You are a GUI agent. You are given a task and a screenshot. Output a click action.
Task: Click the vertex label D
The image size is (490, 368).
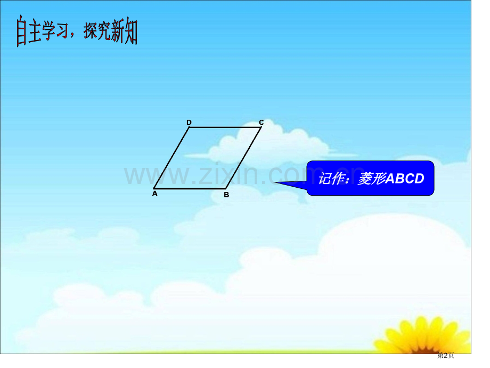click(x=189, y=122)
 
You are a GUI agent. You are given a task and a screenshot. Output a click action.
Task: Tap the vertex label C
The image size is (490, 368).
click(x=262, y=122)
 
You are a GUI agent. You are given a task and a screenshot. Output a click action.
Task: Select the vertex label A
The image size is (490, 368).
click(x=154, y=194)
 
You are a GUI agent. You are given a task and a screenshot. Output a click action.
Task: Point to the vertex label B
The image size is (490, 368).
click(x=226, y=195)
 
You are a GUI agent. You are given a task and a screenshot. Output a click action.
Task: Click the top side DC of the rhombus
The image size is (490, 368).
click(x=225, y=127)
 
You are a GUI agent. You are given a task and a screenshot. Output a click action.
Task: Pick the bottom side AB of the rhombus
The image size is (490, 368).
click(x=190, y=189)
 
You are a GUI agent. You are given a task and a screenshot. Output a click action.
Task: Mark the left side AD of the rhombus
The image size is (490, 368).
click(x=171, y=158)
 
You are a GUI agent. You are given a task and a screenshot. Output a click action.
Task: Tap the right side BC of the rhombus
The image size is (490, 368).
click(x=243, y=158)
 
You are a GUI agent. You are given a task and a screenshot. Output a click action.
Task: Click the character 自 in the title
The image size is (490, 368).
click(x=21, y=31)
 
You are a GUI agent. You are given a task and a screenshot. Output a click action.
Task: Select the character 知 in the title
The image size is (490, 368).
click(x=131, y=31)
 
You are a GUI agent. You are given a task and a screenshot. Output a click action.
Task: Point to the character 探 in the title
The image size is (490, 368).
click(x=90, y=31)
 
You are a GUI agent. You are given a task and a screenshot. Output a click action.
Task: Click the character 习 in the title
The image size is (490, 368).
click(x=62, y=31)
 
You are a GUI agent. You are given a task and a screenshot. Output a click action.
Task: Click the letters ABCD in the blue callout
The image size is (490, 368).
click(x=405, y=179)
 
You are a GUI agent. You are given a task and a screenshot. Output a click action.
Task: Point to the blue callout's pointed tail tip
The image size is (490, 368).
click(x=274, y=182)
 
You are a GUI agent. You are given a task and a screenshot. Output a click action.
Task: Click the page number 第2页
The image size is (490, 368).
click(x=446, y=355)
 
